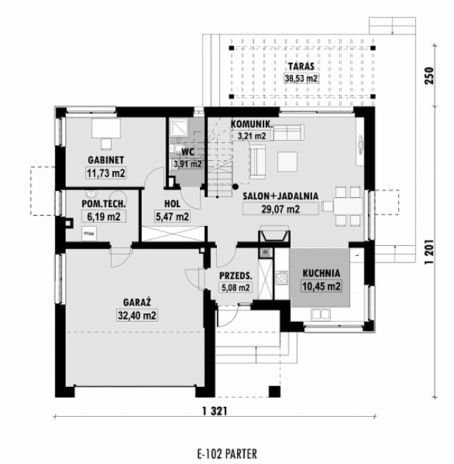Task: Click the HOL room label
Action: (172, 203)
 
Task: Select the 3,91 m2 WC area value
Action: (188, 164)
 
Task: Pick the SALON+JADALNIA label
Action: (281, 195)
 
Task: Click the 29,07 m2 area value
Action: (271, 209)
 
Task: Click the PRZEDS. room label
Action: (235, 275)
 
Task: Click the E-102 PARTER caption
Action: (225, 453)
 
